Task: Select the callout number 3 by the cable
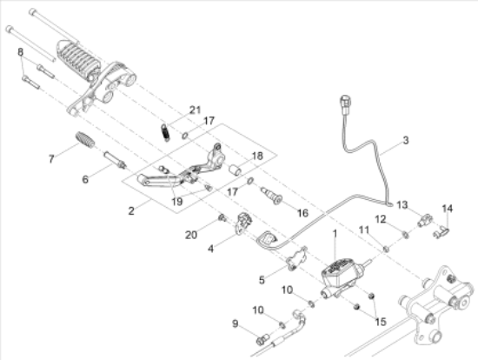coord(404,140)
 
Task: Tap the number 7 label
coord(51,159)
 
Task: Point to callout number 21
coord(195,110)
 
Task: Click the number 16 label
coord(302,211)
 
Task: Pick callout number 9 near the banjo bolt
coord(234,323)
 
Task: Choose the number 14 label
coord(448,208)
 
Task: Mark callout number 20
coord(191,235)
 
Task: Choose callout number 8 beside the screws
coord(20,52)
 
